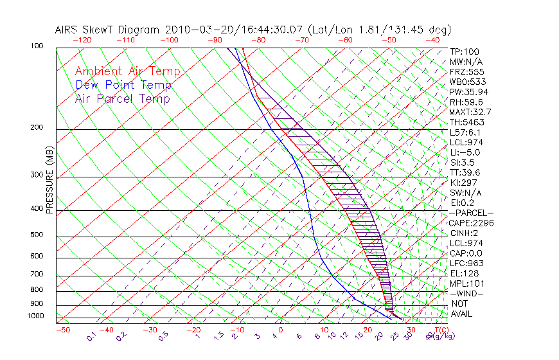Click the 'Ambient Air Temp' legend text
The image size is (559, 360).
127,71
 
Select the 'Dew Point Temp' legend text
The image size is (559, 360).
123,85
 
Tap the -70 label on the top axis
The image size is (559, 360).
301,40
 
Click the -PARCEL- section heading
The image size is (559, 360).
472,213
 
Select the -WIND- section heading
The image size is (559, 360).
468,293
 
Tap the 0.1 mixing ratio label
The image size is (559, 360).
91,336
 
